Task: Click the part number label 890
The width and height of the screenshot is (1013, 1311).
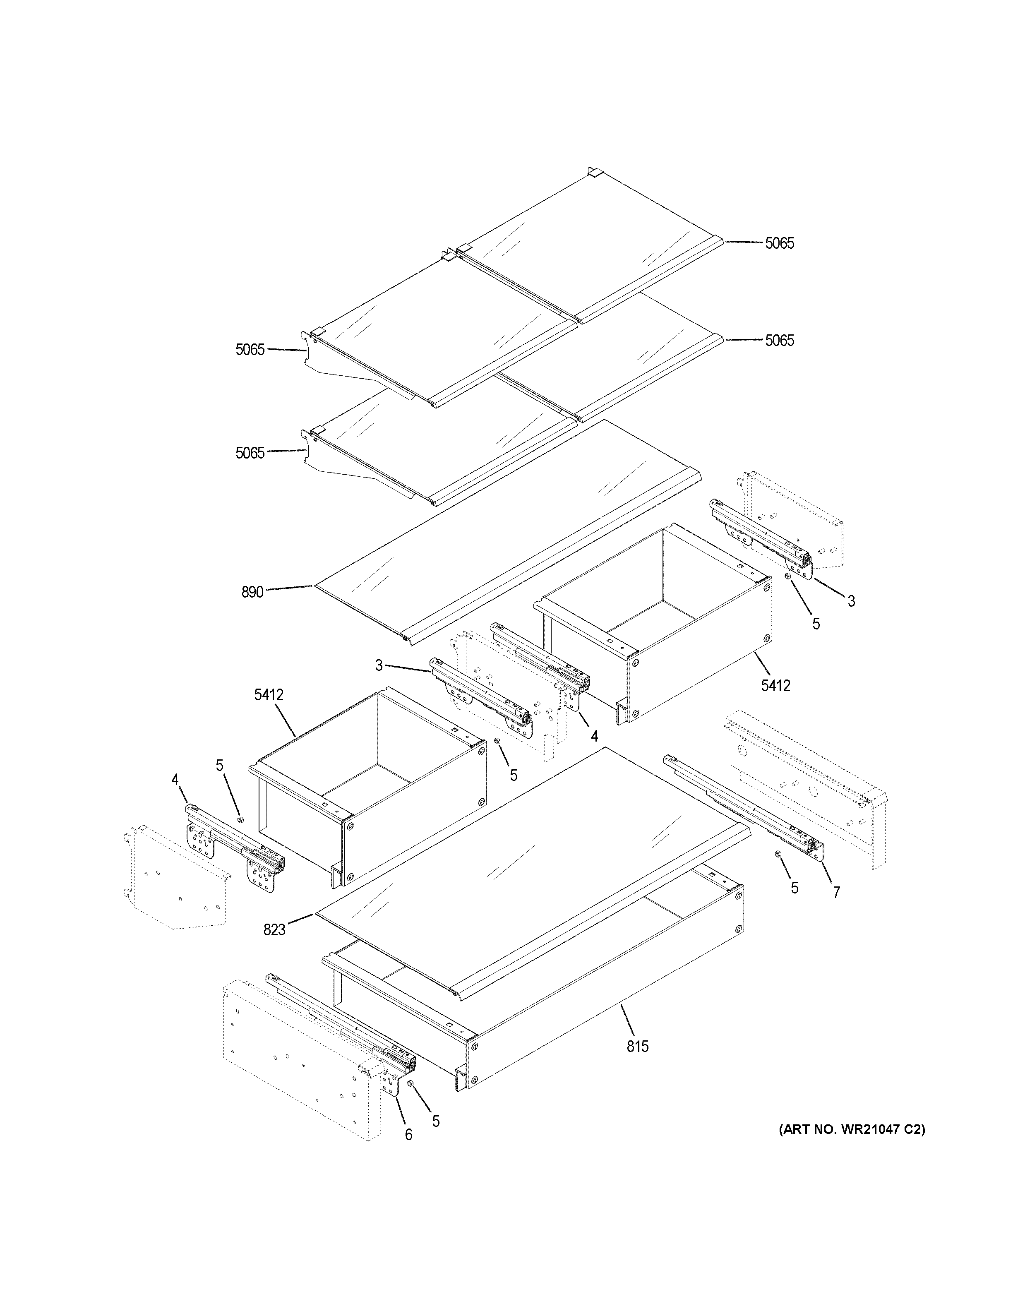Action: [x=252, y=593]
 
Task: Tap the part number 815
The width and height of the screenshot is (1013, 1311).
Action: [x=637, y=1046]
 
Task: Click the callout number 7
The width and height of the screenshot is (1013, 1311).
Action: [x=836, y=893]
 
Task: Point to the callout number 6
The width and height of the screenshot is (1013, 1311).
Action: [x=409, y=1135]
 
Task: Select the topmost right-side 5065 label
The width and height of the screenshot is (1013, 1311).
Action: [x=779, y=243]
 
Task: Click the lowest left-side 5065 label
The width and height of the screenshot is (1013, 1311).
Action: [x=250, y=453]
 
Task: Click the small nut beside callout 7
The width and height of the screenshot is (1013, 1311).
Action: [x=778, y=854]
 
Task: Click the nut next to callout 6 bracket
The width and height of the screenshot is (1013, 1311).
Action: [x=410, y=1083]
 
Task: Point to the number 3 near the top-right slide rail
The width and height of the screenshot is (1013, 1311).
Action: [x=851, y=601]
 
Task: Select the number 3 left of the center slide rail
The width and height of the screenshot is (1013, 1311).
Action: [x=379, y=665]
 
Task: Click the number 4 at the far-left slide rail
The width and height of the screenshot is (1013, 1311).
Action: [x=175, y=780]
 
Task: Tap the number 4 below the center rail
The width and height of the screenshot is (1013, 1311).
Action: [x=593, y=735]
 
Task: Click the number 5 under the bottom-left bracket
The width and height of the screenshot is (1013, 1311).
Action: [x=436, y=1121]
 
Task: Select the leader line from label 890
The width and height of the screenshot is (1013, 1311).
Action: [x=288, y=588]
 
